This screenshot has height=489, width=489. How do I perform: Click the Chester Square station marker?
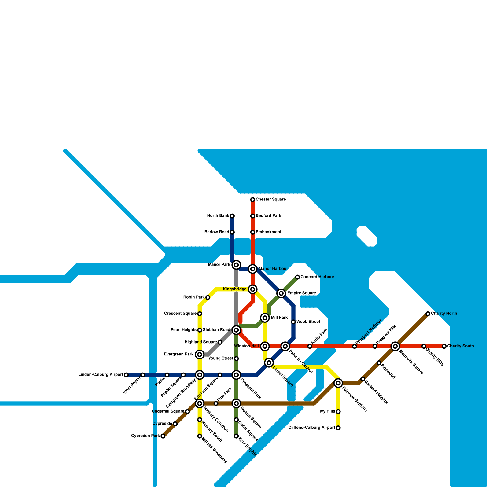(x=252, y=200)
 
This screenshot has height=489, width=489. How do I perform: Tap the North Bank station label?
(x=218, y=216)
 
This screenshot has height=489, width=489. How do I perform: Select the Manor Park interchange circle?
(x=236, y=265)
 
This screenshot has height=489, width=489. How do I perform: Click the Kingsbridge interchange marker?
(x=252, y=289)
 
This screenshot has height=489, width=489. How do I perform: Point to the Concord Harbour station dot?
(x=297, y=277)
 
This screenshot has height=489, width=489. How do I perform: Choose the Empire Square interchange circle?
(x=281, y=293)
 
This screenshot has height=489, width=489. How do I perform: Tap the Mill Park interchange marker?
(x=265, y=318)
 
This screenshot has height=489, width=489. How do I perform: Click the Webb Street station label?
(x=308, y=322)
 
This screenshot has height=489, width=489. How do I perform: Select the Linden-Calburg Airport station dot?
(x=126, y=375)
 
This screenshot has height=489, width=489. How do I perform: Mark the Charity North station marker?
(x=428, y=314)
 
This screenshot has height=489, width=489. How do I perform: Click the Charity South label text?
(x=460, y=346)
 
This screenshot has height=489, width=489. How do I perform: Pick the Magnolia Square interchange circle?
(x=395, y=346)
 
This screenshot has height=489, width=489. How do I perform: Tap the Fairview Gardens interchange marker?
(x=338, y=383)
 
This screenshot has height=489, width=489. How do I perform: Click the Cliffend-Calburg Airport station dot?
(x=338, y=428)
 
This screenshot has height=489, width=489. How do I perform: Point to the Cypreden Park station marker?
(x=163, y=436)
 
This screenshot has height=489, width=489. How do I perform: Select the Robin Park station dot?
(x=208, y=297)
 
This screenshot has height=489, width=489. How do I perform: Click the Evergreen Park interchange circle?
(x=200, y=355)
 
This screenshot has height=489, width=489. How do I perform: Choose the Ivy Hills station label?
(x=327, y=411)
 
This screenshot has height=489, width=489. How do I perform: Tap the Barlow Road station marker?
(x=232, y=232)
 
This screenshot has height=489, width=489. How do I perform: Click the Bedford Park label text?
(x=268, y=216)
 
